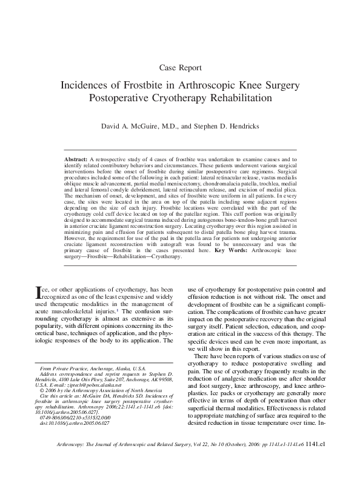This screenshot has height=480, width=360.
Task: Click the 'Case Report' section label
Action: coord(180,66)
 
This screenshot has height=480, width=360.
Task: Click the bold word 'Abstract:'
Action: coord(76,158)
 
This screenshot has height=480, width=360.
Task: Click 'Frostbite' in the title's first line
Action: coord(158,84)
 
